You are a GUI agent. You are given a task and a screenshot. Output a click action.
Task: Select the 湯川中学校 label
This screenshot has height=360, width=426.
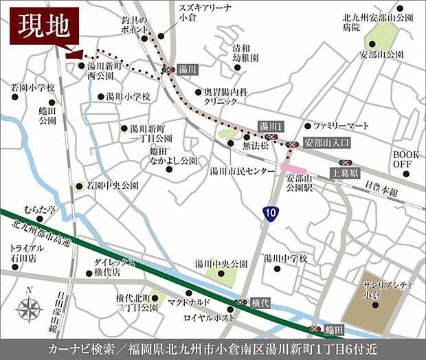coord(285,258)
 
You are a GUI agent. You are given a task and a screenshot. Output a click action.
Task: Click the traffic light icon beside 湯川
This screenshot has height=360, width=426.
coord(168,69)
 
